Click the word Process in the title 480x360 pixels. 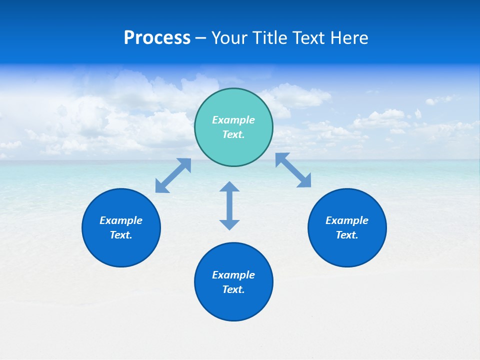[x=157, y=38]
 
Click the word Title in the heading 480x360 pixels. [x=268, y=38]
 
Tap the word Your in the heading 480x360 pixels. [x=229, y=38]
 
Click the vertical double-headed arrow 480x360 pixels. [x=229, y=205]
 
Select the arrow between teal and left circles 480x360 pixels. [x=173, y=175]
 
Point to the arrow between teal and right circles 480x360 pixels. [x=293, y=170]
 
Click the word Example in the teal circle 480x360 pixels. [x=233, y=120]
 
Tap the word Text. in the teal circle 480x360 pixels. [x=233, y=134]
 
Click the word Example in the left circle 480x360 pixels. [x=121, y=220]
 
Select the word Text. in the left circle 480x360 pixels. [x=121, y=235]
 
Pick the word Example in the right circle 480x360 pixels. [x=347, y=220]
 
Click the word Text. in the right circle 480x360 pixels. [x=347, y=235]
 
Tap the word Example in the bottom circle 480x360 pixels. [x=233, y=275]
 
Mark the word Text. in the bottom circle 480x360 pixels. [x=233, y=289]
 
